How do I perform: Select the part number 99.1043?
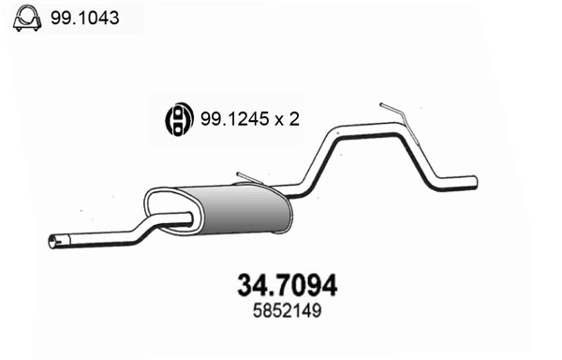tap(85, 18)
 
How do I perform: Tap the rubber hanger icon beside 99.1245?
tap(174, 119)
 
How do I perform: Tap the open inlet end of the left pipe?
tap(52, 244)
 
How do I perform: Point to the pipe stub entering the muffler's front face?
tap(184, 219)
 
